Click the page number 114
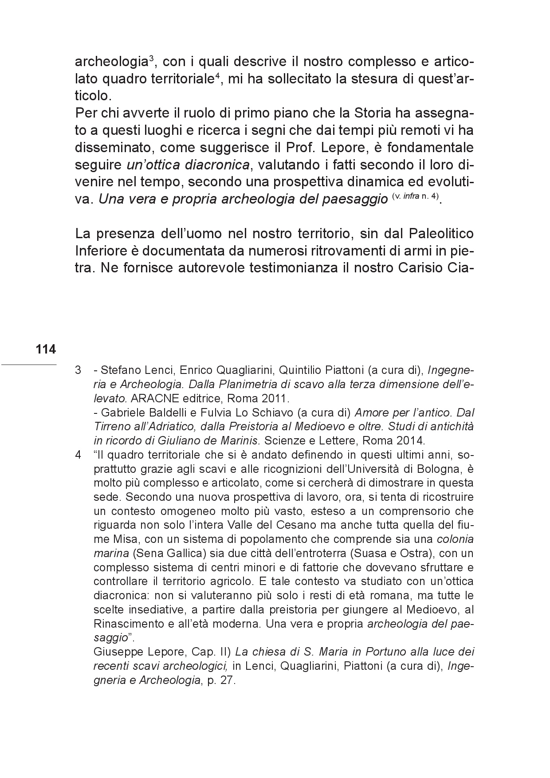[46, 350]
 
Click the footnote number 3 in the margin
[78, 370]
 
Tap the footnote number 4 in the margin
[78, 455]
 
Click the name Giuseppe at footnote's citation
[114, 652]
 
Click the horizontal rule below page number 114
[28, 365]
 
